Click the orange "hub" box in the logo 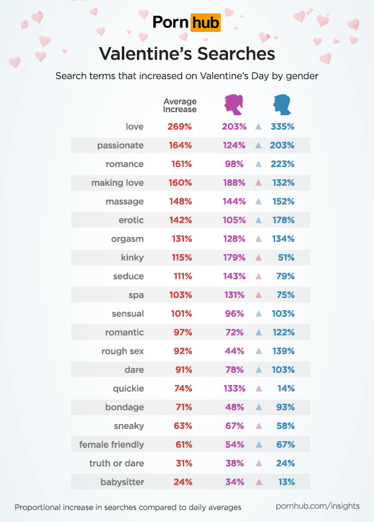point(205,23)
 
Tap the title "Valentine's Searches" point(187,54)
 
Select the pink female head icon point(233,105)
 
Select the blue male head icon point(280,105)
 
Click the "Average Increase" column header point(180,106)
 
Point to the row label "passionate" point(120,145)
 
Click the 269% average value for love point(180,127)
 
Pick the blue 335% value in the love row point(282,127)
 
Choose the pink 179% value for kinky point(234,258)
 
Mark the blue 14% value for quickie point(286,389)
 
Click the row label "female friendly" point(112,445)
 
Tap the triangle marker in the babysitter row point(258,482)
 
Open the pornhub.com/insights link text point(317,506)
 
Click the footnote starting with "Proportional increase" point(128,507)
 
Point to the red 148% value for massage point(180,202)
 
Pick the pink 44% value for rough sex point(235,351)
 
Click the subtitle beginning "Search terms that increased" point(187,77)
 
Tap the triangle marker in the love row point(258,127)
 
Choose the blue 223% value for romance point(282,164)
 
